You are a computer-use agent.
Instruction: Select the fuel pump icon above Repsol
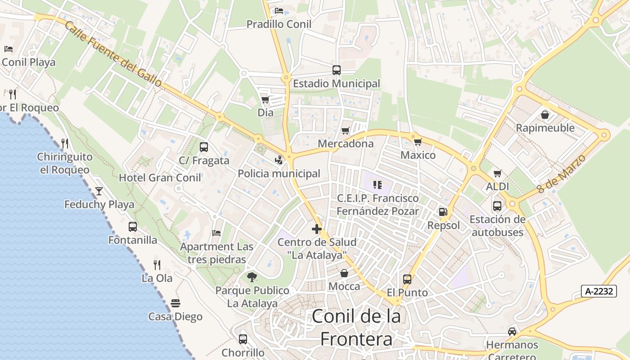[x=443, y=212]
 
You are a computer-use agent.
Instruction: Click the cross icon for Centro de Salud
[x=317, y=229]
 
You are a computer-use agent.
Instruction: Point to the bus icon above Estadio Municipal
[x=337, y=70]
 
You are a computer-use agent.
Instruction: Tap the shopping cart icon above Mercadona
[x=345, y=130]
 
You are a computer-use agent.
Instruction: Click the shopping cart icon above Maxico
[x=418, y=142]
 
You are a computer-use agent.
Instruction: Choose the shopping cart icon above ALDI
[x=497, y=173]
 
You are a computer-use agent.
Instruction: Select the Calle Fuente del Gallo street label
[x=113, y=54]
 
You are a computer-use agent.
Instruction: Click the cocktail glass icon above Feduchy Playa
[x=99, y=191]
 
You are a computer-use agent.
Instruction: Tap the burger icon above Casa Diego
[x=175, y=303]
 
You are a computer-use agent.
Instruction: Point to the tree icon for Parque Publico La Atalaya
[x=252, y=277]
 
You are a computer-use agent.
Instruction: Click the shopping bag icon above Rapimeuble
[x=545, y=115]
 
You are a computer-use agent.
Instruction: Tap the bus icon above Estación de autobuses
[x=497, y=206]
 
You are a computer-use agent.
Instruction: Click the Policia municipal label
[x=279, y=174]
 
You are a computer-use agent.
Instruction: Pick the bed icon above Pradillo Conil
[x=279, y=11]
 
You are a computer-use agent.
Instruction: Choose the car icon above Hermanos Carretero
[x=512, y=332]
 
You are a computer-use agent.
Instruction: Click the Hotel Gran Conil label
[x=160, y=178]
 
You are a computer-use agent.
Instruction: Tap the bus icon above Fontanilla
[x=133, y=227]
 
